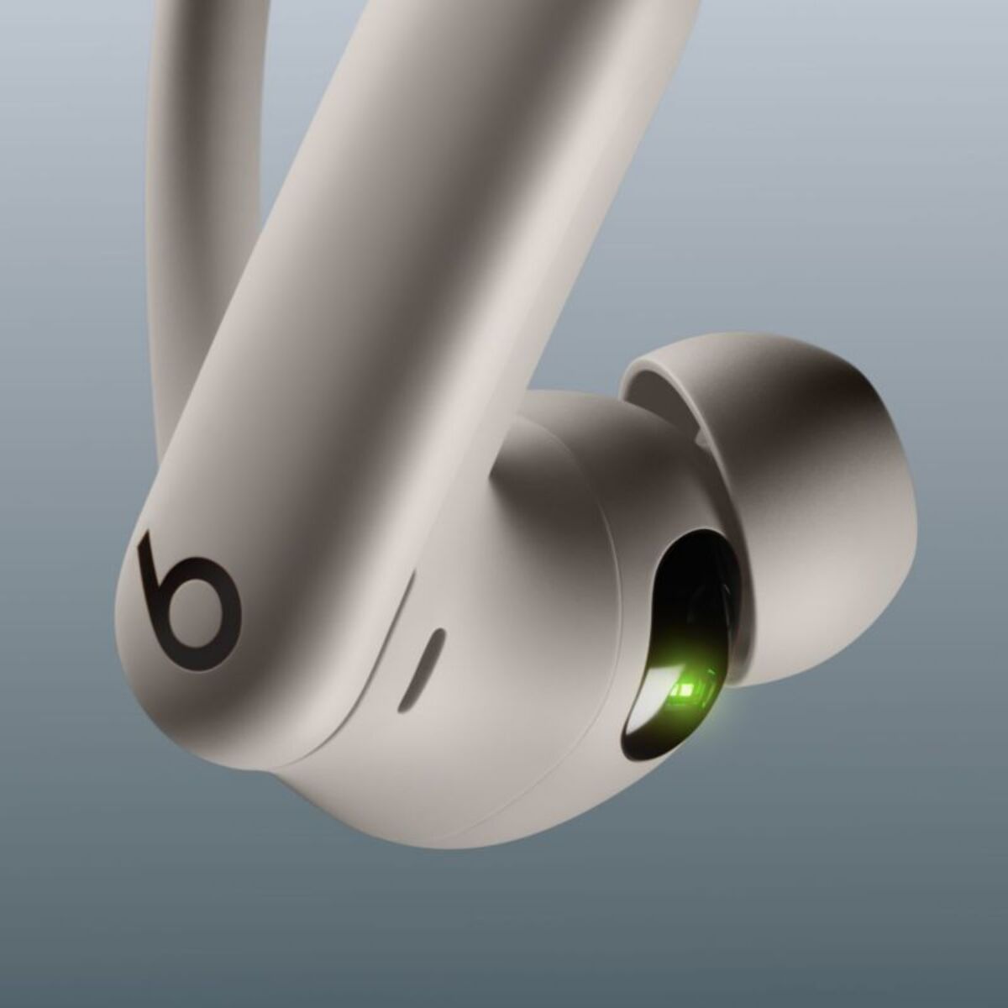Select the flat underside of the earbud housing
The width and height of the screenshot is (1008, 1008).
tap(470, 806)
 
